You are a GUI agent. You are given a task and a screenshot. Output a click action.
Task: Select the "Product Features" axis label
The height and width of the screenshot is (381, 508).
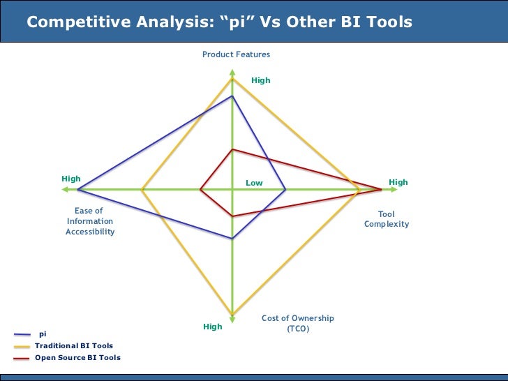[236, 54]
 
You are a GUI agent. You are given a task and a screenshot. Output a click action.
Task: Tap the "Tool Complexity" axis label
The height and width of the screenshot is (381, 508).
[387, 219]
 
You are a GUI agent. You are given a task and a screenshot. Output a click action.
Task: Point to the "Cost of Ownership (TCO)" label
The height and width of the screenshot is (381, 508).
[298, 323]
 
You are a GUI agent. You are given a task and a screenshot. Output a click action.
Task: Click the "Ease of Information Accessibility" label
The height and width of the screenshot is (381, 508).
[89, 221]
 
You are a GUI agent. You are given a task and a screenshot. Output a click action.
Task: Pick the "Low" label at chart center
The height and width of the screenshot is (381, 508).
[254, 183]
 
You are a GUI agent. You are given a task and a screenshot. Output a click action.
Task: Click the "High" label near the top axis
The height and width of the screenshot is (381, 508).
[260, 80]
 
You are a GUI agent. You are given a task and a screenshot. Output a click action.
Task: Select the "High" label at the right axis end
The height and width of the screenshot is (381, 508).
[398, 182]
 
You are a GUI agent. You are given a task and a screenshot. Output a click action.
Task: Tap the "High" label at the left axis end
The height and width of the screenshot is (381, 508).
[70, 179]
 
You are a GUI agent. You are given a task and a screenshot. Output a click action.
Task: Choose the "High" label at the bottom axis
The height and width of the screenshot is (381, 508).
[213, 327]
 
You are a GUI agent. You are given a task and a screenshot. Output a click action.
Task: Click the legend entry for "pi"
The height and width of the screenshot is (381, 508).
[42, 334]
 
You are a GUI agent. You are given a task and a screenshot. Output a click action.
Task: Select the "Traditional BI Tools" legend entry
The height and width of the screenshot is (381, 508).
[73, 345]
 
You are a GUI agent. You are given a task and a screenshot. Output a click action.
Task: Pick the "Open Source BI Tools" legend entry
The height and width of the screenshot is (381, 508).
[77, 357]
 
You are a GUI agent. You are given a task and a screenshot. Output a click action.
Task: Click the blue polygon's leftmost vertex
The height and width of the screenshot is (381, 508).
[77, 189]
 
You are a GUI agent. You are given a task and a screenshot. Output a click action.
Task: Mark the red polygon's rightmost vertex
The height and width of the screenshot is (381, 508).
[382, 189]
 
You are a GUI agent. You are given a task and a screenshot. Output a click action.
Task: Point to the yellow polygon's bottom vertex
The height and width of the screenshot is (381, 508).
[232, 314]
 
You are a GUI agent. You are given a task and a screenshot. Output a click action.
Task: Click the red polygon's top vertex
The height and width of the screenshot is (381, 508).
[232, 149]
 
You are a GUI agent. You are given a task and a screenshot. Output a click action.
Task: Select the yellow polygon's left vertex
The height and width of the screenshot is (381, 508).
[142, 189]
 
